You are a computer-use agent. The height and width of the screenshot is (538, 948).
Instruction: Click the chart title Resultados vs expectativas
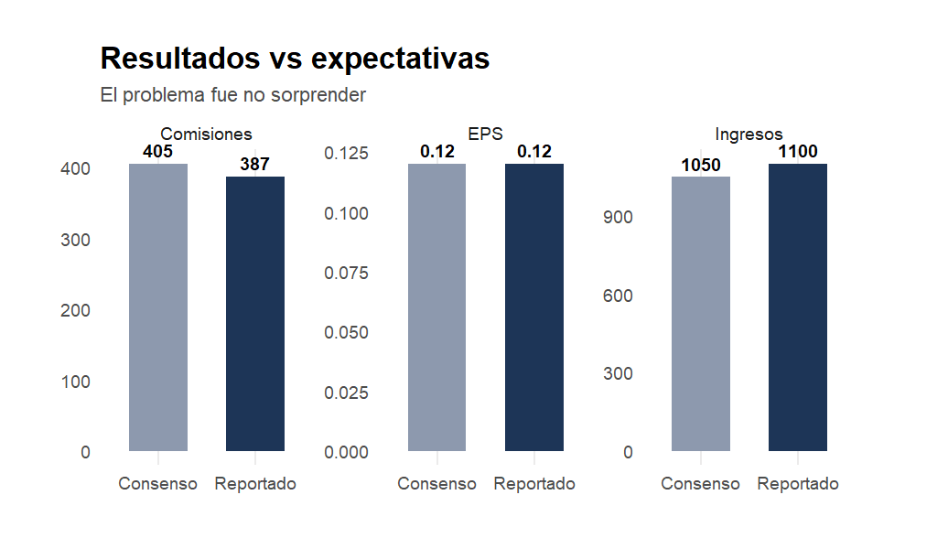point(295,59)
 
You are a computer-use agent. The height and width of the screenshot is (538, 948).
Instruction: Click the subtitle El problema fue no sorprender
point(232,95)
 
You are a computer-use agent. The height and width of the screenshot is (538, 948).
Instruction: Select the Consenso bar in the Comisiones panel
point(158,307)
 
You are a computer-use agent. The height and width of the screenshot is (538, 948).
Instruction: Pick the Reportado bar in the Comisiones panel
point(255,314)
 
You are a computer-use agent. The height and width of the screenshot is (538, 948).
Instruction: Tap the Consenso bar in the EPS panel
point(436,307)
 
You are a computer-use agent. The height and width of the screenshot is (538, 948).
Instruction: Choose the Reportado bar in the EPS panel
point(534,307)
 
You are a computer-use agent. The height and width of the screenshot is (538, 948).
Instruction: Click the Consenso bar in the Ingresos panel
point(701,314)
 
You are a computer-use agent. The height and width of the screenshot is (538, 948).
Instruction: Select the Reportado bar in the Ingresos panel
point(798,307)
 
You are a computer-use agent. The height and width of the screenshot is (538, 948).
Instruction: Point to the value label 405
point(158,152)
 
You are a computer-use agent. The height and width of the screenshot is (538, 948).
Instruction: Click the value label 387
point(255,165)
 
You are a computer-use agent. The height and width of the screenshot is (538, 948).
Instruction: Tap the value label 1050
point(701,166)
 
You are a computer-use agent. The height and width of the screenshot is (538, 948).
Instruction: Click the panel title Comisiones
point(206,134)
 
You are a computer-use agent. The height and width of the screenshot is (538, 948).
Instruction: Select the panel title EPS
point(485,134)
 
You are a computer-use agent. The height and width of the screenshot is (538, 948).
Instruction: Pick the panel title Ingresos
point(749,134)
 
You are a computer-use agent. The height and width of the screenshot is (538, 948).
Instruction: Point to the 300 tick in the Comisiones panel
point(76,240)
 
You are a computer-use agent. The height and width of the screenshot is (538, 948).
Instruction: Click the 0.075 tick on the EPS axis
point(346,274)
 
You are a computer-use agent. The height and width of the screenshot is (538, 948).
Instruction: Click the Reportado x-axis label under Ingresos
point(798,484)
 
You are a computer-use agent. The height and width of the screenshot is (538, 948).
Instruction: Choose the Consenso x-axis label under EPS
point(436,484)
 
